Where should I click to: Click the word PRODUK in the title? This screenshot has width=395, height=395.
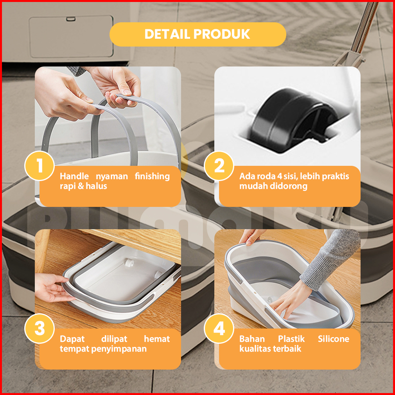[x=222, y=34]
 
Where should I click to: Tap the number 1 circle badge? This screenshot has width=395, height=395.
[x=39, y=166]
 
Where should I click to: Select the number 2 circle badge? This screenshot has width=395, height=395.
[x=219, y=166]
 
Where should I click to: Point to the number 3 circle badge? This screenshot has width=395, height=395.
[x=39, y=329]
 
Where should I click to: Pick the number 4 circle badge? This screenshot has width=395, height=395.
[x=219, y=329]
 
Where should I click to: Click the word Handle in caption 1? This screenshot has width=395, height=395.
[x=74, y=176]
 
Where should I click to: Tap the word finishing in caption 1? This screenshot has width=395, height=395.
[x=153, y=176]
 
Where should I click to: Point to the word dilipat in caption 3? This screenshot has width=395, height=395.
[x=114, y=339]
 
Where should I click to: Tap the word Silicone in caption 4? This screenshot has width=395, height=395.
[x=334, y=339]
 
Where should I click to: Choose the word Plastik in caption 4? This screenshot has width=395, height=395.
[x=291, y=339]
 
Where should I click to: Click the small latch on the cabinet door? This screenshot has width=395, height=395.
[x=71, y=19]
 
